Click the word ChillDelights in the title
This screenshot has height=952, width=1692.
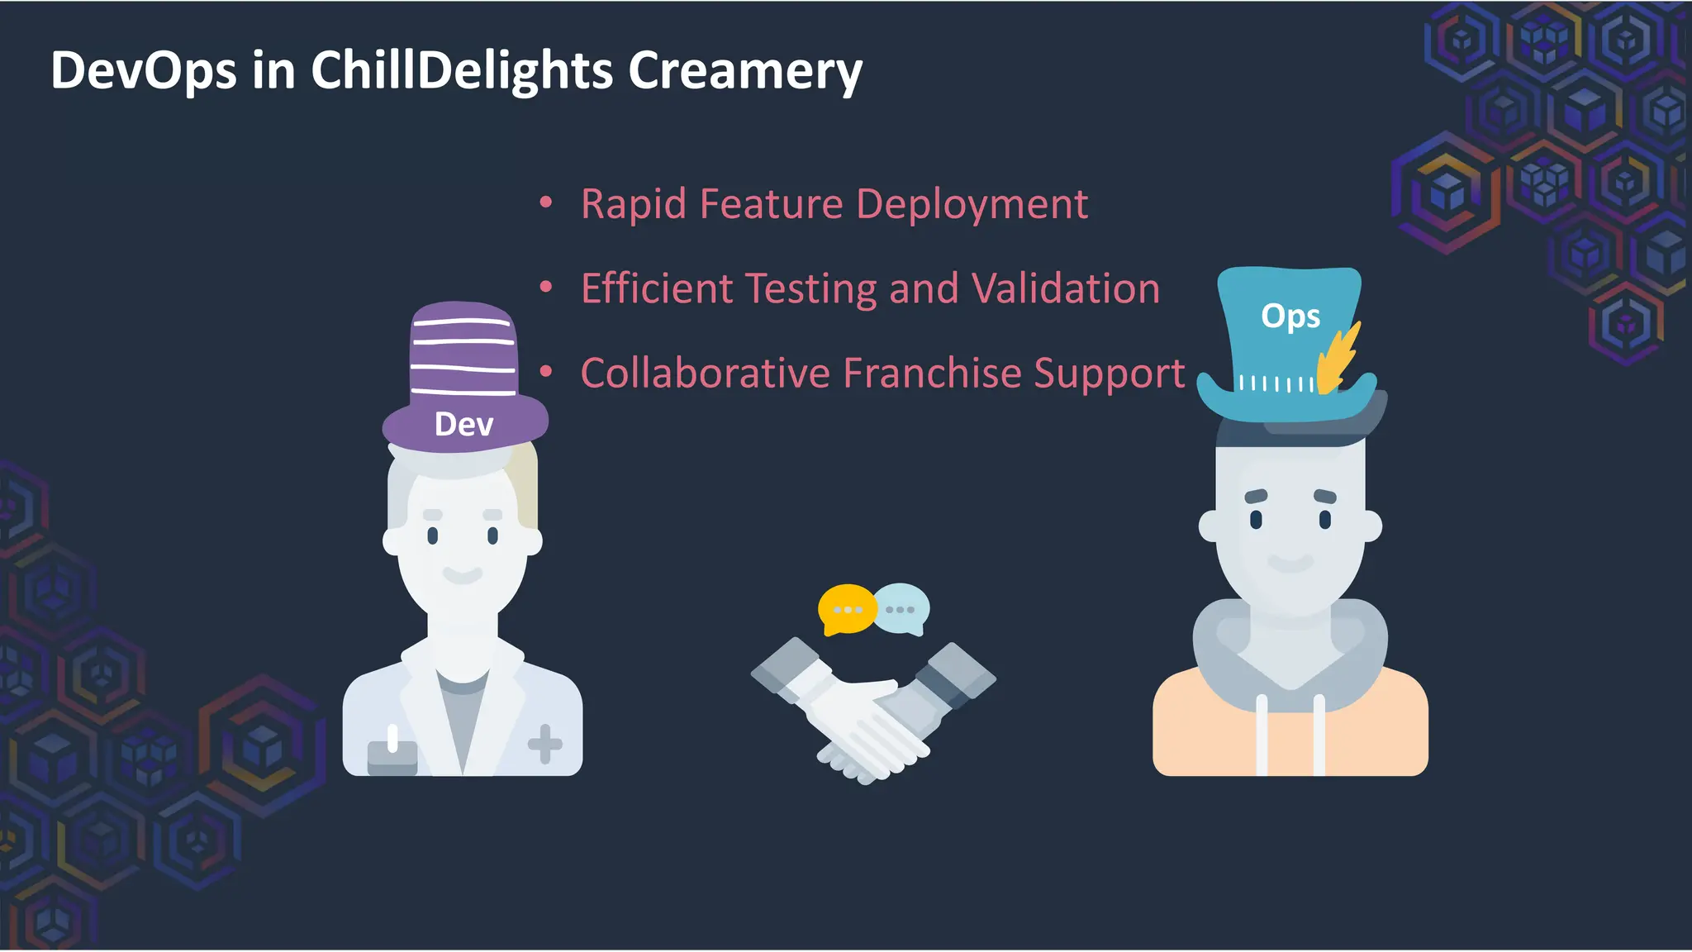tap(462, 71)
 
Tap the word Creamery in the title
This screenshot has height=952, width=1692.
tap(744, 71)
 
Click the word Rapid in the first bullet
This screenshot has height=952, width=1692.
tap(633, 204)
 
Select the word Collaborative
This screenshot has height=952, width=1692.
tap(705, 373)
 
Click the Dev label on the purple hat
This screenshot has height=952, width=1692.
tap(463, 425)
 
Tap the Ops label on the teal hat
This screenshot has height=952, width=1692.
tap(1290, 317)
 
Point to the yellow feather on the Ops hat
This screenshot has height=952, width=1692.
tap(1338, 358)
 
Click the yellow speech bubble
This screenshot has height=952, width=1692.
tap(845, 609)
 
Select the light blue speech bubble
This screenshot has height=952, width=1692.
tap(902, 608)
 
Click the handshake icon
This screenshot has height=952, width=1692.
tap(872, 712)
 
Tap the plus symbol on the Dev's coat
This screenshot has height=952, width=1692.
tap(545, 744)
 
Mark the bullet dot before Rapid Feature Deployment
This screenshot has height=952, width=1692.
tap(545, 202)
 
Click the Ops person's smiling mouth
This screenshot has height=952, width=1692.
tap(1290, 563)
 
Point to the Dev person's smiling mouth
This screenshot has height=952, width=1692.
tap(463, 574)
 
